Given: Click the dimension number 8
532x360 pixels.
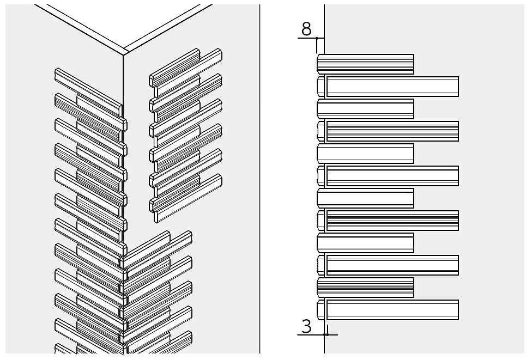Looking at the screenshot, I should coord(306,29).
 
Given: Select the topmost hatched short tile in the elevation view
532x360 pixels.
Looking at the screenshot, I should coord(365,64).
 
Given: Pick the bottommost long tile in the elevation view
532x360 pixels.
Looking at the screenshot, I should coord(392,309).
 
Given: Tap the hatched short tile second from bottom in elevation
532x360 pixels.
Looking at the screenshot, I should coord(365,287).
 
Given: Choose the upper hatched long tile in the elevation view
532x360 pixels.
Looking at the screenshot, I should coord(392,131).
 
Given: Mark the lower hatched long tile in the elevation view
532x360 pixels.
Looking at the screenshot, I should coord(392,220).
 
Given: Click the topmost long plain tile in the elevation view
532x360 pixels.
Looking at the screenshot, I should coord(392,86).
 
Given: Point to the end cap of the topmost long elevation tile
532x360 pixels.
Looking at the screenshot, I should coord(321,86).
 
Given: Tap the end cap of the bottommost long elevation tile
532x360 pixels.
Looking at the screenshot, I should coord(321,309).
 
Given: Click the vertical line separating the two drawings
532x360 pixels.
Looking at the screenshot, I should coord(259,180).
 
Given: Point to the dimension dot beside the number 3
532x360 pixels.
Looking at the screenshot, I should coord(326,334).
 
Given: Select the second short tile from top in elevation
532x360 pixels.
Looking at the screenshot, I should coord(365,108).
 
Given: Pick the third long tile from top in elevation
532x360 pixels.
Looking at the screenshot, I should coord(392,175).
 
